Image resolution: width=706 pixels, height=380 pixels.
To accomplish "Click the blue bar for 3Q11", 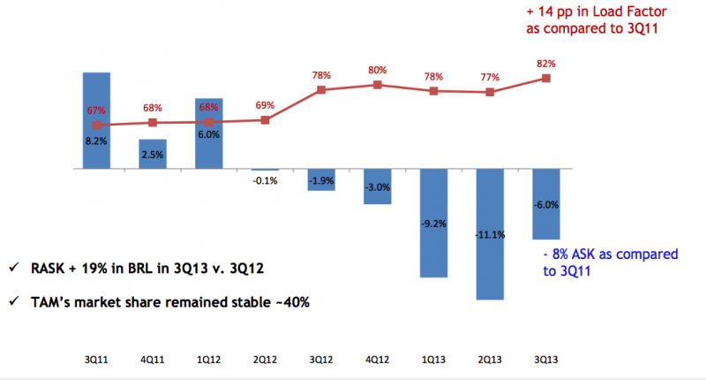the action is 96,120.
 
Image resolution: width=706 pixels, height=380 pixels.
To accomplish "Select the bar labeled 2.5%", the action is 153,154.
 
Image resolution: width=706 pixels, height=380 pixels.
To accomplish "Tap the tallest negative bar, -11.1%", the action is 490,234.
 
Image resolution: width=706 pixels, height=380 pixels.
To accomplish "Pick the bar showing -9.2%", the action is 433,223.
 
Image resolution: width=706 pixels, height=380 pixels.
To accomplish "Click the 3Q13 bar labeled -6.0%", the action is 546,204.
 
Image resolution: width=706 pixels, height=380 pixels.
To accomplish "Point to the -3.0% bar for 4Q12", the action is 378,186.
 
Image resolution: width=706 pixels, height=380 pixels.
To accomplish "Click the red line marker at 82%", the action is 546,79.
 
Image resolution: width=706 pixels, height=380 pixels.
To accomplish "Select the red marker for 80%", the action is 378,85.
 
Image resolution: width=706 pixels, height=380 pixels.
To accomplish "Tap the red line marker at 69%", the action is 266,120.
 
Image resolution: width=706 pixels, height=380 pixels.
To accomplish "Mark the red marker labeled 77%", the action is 490,93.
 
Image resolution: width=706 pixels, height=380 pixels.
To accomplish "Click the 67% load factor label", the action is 96,110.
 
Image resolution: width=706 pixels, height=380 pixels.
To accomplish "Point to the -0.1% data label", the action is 266,181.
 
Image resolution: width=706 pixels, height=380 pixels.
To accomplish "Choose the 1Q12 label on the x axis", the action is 209,360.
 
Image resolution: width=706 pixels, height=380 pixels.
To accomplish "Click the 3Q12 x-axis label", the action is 321,360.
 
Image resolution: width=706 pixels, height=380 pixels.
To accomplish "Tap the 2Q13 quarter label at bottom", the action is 490,360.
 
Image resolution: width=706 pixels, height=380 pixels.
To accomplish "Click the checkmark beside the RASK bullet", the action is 14,267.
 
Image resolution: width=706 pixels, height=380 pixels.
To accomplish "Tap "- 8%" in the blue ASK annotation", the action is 556,255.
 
